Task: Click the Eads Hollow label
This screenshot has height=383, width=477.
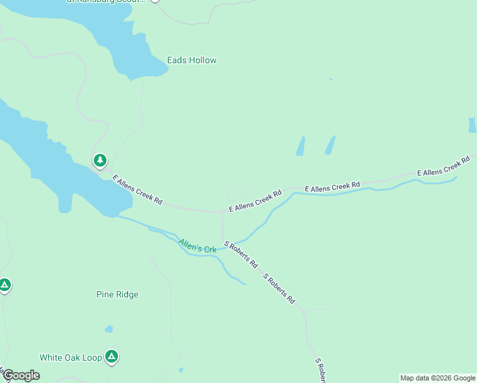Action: pyautogui.click(x=191, y=61)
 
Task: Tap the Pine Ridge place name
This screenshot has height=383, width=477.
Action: pyautogui.click(x=117, y=294)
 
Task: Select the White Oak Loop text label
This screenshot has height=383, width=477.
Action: pyautogui.click(x=70, y=357)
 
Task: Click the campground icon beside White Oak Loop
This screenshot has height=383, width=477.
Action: pyautogui.click(x=112, y=356)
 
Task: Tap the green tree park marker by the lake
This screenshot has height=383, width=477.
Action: pyautogui.click(x=99, y=160)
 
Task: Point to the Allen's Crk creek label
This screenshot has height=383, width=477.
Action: pyautogui.click(x=197, y=245)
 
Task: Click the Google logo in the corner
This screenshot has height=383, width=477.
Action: pyautogui.click(x=21, y=375)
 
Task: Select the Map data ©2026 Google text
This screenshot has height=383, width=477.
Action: pyautogui.click(x=437, y=378)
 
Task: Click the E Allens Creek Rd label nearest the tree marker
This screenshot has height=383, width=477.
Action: pyautogui.click(x=137, y=190)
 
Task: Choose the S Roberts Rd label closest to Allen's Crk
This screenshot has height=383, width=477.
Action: pyautogui.click(x=240, y=254)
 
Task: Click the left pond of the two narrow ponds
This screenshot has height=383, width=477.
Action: pyautogui.click(x=300, y=146)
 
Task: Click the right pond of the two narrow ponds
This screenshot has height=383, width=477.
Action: pyautogui.click(x=330, y=145)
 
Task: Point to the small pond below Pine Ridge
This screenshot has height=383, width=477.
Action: pyautogui.click(x=109, y=329)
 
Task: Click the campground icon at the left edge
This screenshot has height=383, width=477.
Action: pyautogui.click(x=4, y=285)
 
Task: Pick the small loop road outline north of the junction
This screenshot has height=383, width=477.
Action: pyautogui.click(x=236, y=194)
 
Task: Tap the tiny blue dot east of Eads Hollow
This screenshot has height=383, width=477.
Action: pyautogui.click(x=330, y=80)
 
